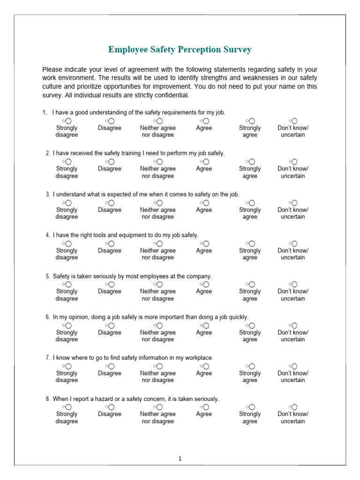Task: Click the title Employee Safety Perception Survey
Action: [180, 50]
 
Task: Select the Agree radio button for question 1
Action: [206, 121]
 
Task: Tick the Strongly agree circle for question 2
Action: [252, 162]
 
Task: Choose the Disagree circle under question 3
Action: [111, 203]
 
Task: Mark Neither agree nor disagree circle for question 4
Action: [160, 244]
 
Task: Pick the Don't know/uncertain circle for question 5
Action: [294, 285]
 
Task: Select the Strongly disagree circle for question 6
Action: [68, 326]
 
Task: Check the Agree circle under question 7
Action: [206, 367]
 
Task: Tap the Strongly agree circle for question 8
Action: [252, 407]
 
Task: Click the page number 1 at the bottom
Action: [180, 459]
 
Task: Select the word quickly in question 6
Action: [238, 317]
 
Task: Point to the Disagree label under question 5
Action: [110, 291]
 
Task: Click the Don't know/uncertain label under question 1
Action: [293, 131]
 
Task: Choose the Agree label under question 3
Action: [204, 210]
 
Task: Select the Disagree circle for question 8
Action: [111, 407]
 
